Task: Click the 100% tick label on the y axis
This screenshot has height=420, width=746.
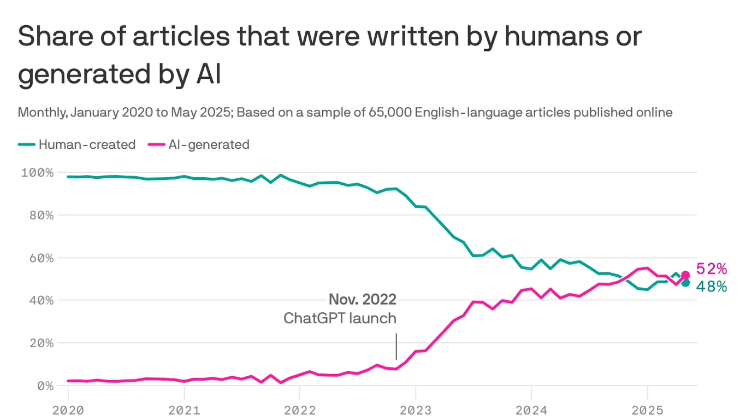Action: click(37, 173)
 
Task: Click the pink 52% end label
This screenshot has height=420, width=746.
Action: click(712, 269)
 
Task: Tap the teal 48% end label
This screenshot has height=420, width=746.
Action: click(712, 287)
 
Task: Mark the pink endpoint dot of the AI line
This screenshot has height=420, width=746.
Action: click(685, 275)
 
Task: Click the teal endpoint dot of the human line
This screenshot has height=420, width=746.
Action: click(685, 283)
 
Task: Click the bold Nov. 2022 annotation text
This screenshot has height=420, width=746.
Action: click(362, 300)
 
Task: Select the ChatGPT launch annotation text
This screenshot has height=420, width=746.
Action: click(340, 318)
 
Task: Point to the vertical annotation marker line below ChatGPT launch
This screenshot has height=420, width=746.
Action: click(396, 347)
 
